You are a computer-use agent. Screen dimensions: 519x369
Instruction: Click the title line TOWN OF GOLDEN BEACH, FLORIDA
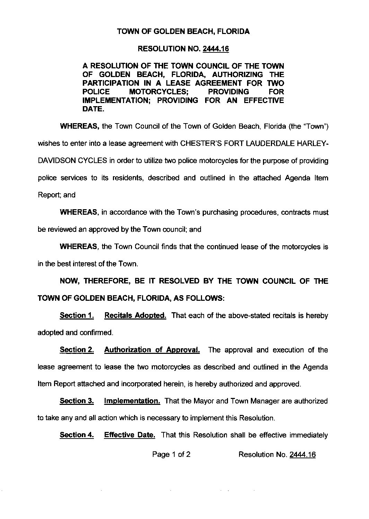[183, 32]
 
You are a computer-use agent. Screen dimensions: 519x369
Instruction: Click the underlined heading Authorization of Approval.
[152, 350]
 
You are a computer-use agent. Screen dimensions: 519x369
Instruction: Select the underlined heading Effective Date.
[130, 435]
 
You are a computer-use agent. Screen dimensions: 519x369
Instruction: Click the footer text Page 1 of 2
[172, 454]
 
